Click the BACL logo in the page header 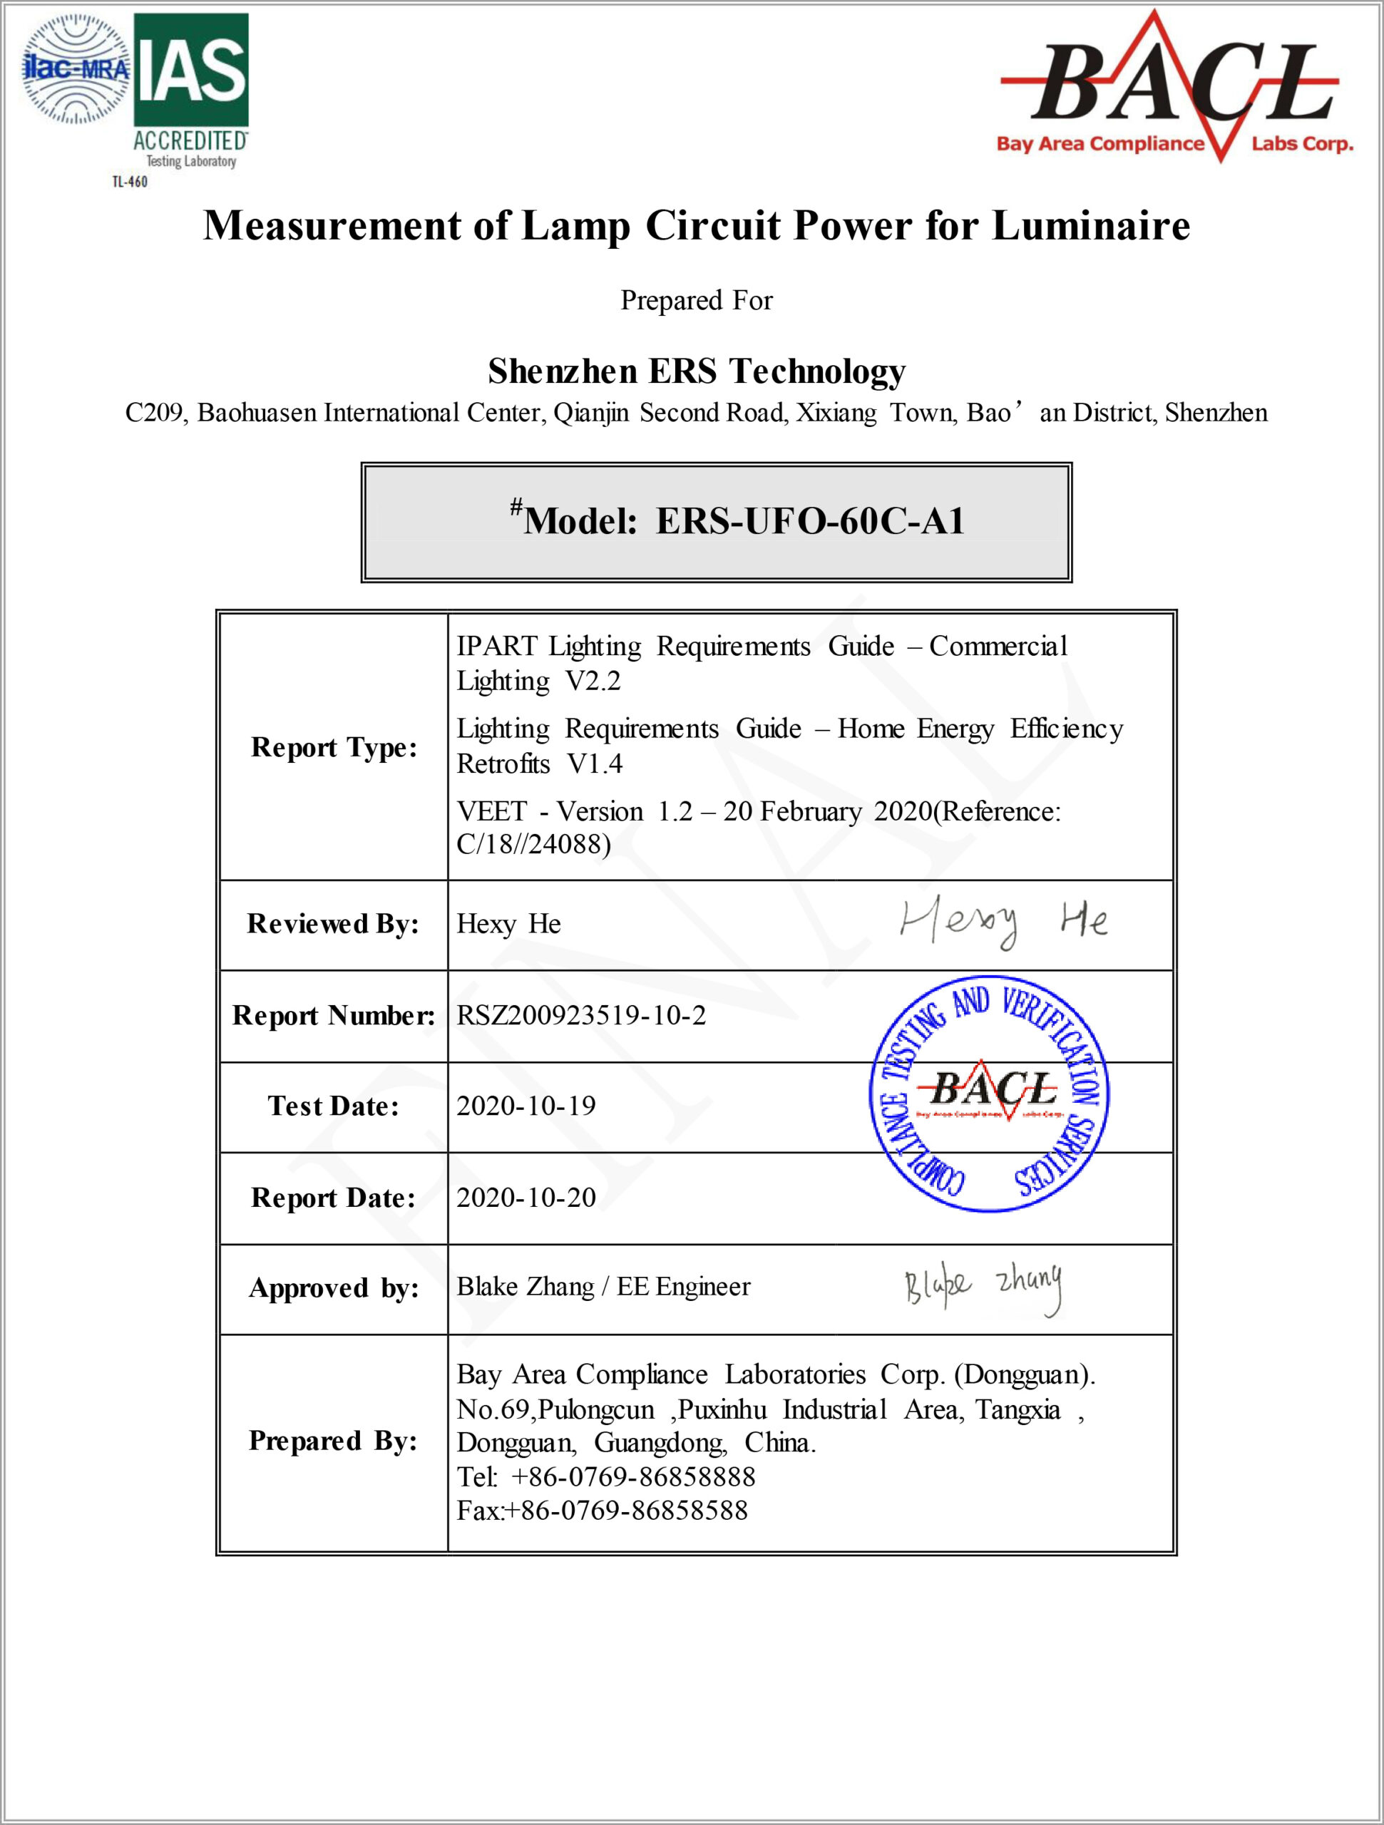tap(1176, 88)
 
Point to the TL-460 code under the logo tap(130, 182)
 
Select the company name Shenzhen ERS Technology tap(697, 371)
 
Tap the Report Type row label tap(334, 748)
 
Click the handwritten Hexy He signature tap(1003, 922)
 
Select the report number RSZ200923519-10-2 tap(581, 1016)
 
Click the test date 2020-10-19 tap(526, 1106)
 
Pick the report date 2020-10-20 tap(526, 1198)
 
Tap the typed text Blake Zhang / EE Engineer tap(603, 1287)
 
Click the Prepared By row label tap(334, 1441)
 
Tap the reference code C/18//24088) tap(533, 844)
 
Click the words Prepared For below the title tap(697, 300)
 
